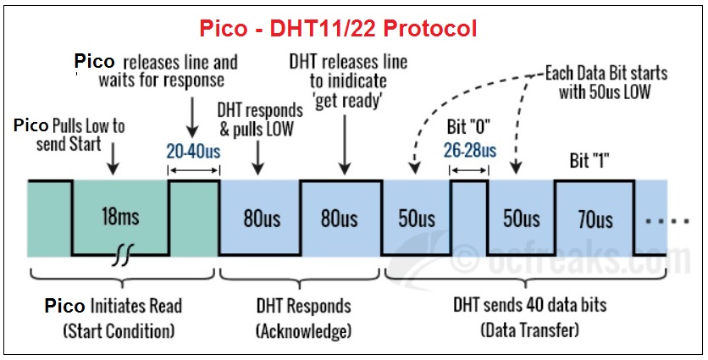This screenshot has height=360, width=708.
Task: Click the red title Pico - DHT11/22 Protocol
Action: point(338,28)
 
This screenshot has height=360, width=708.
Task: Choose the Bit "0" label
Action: point(469,129)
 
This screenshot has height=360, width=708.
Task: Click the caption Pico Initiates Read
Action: point(113,306)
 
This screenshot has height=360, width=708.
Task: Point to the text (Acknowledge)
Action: point(303,330)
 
